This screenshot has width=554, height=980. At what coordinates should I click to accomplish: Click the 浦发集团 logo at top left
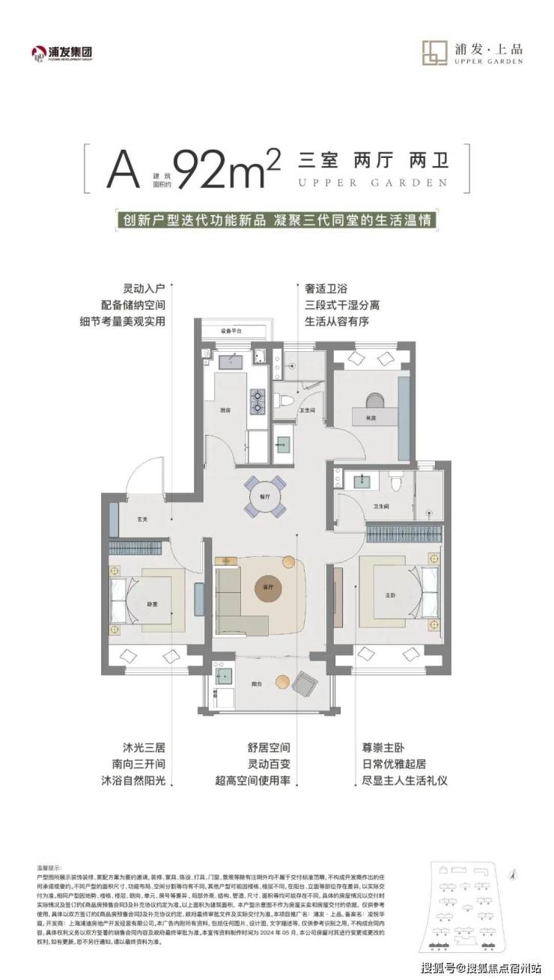66,52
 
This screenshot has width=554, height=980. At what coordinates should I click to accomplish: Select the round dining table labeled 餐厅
265,496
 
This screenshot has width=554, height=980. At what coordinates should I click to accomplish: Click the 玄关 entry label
141,519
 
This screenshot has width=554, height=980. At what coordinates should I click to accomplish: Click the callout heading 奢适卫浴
326,287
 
